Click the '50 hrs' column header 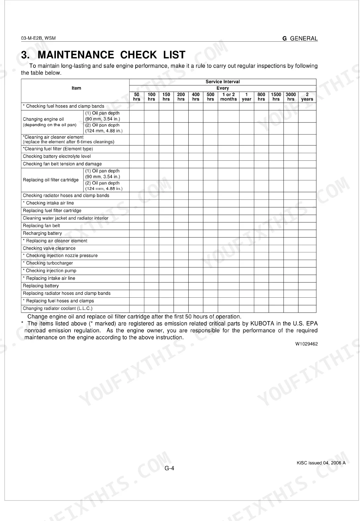click(x=137, y=97)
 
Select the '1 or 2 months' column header click(x=228, y=97)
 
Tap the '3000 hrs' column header click(x=291, y=97)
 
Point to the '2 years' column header click(x=307, y=97)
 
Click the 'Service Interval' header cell click(x=223, y=82)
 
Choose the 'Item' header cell click(x=76, y=88)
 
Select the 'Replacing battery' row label click(x=41, y=286)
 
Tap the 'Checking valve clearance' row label click(x=49, y=248)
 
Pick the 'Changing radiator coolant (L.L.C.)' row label click(x=58, y=309)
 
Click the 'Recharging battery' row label click(x=42, y=233)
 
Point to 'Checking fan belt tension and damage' click(x=62, y=164)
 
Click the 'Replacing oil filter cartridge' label click(x=51, y=180)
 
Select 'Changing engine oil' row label click(x=43, y=119)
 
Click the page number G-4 click(x=169, y=468)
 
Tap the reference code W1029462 click(x=306, y=344)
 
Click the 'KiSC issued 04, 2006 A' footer click(x=321, y=463)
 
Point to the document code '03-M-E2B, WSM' click(x=38, y=38)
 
